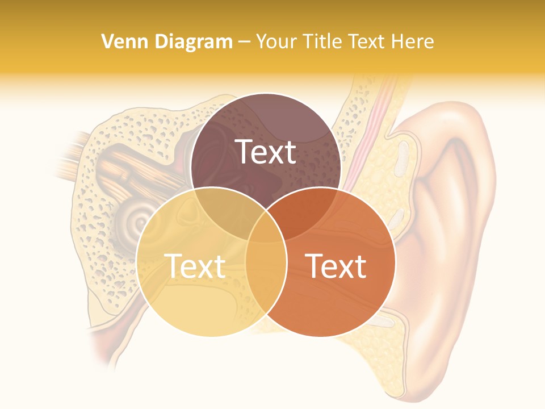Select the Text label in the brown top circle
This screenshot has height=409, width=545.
pos(266,152)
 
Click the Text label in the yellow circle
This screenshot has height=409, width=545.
pos(195,266)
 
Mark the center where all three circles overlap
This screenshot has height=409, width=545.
pos(266,226)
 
